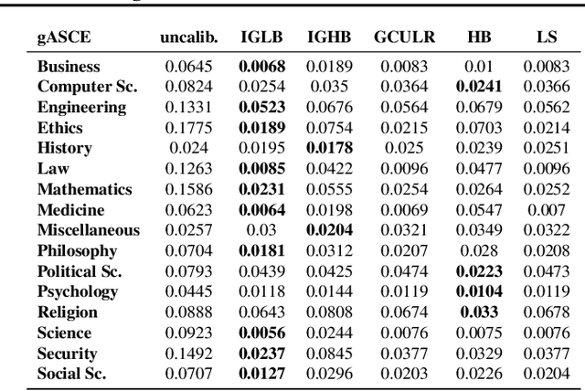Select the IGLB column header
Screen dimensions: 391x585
[261, 38]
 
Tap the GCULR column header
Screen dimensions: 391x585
[404, 38]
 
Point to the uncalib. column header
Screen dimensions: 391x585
[188, 38]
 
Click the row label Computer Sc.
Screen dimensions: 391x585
[87, 87]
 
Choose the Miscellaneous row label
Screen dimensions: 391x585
[89, 230]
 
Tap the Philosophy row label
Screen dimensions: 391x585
[78, 250]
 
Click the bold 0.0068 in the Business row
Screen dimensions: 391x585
[261, 67]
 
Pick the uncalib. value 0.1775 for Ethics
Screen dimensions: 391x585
[188, 128]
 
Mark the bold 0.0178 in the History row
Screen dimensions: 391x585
[329, 148]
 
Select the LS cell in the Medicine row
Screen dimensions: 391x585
[546, 210]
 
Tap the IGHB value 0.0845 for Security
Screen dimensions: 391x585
[329, 354]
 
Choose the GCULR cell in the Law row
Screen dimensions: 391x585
[404, 169]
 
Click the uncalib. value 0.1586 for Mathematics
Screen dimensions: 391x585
[188, 189]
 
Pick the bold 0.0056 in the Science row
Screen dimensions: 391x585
[261, 333]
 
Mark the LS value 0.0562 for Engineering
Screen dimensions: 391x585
[546, 108]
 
